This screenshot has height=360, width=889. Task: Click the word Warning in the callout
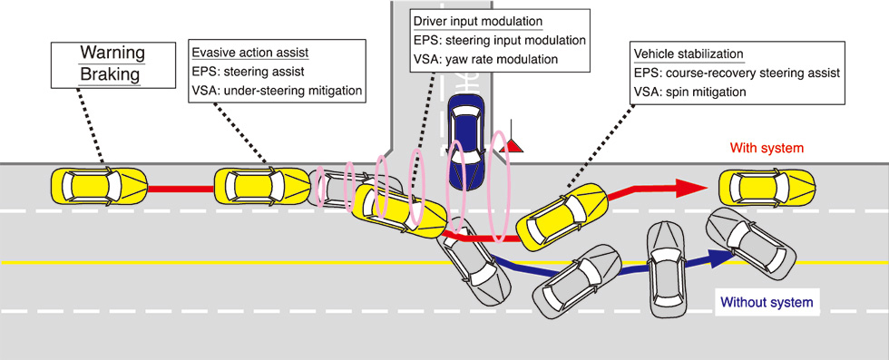point(112,54)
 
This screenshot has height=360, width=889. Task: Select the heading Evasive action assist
point(250,53)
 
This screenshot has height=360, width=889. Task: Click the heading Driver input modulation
point(479,22)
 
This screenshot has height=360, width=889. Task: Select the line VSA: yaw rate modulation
point(486,59)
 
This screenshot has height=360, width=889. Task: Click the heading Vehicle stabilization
point(688,55)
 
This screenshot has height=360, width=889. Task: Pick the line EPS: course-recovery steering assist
point(737,73)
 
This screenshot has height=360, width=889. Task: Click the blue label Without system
point(767,302)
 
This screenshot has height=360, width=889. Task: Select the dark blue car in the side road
point(466,141)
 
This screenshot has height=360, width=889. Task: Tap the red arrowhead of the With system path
point(690,187)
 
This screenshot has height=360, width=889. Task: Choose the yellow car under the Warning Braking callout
point(99,185)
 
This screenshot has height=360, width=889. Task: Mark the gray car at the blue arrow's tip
point(750,238)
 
